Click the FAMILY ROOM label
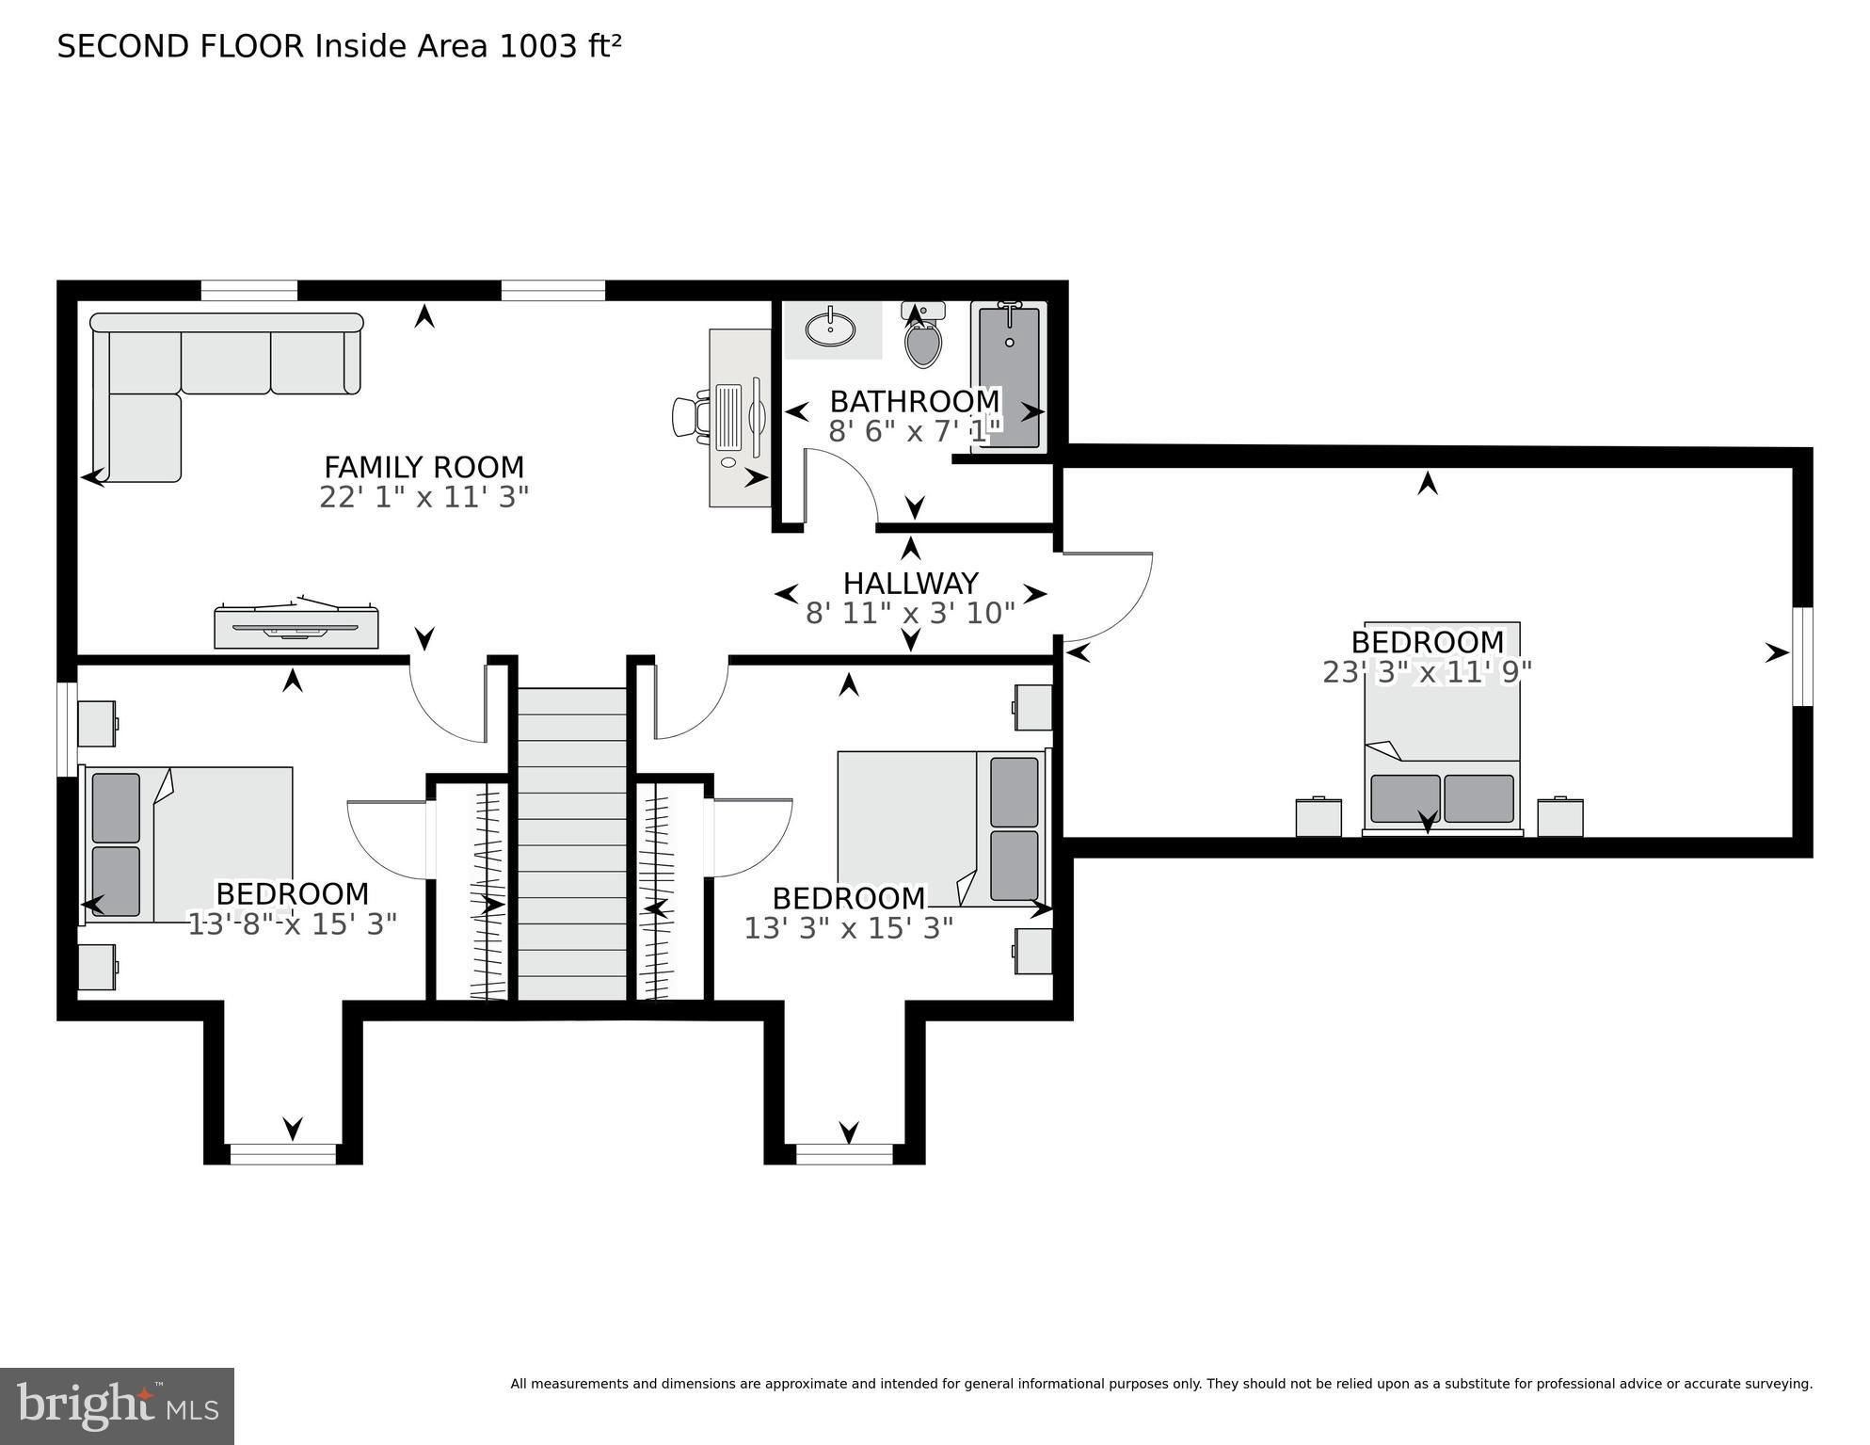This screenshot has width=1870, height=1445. click(424, 467)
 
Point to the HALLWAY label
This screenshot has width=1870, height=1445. click(910, 583)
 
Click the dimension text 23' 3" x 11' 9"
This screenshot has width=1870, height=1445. click(1427, 672)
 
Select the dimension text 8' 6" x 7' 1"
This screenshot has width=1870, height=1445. click(914, 432)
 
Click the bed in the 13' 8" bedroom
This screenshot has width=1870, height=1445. click(188, 843)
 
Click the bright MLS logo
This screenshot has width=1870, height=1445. click(117, 1405)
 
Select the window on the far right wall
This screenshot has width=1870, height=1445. click(1801, 656)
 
